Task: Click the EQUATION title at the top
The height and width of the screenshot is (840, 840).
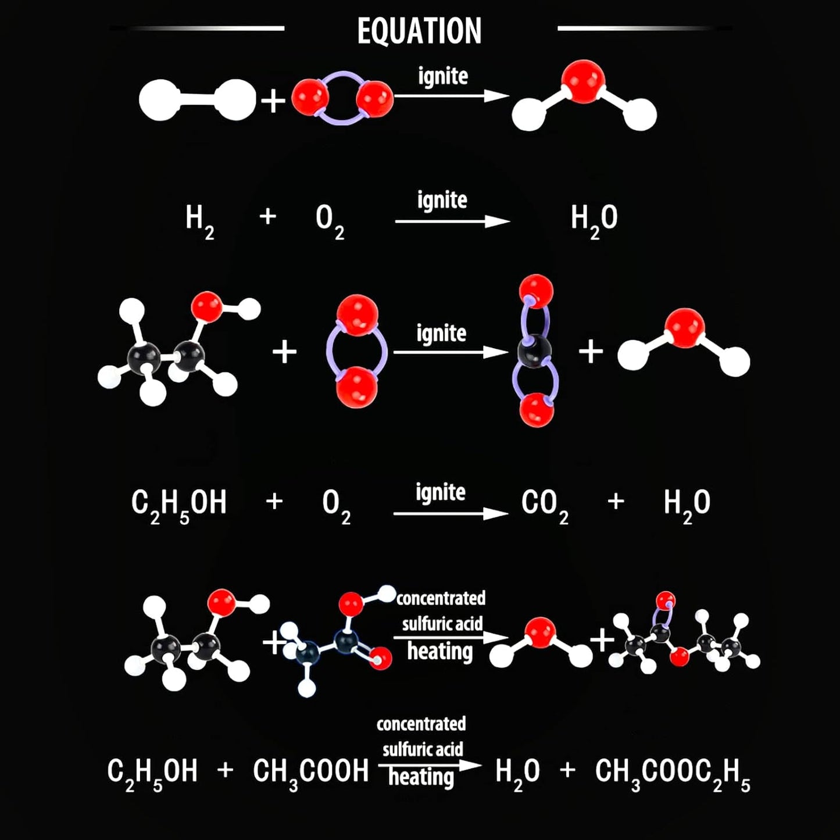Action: [x=419, y=31]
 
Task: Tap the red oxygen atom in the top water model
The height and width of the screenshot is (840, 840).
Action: [x=583, y=81]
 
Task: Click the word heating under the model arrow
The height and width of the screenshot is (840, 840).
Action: [x=440, y=652]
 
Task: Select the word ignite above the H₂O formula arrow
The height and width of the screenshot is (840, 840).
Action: [x=442, y=200]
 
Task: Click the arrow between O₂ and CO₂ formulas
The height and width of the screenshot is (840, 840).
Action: [x=451, y=513]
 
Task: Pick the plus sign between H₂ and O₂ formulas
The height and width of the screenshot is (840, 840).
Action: [x=267, y=216]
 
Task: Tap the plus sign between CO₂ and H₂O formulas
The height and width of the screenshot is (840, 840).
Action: [x=616, y=502]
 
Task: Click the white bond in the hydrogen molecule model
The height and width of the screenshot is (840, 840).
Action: [x=197, y=100]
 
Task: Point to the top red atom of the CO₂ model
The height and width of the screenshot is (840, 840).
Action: [x=536, y=291]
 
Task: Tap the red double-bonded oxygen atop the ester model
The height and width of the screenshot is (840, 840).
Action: [x=666, y=600]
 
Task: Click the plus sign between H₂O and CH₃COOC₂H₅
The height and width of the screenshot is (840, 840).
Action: [x=567, y=770]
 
